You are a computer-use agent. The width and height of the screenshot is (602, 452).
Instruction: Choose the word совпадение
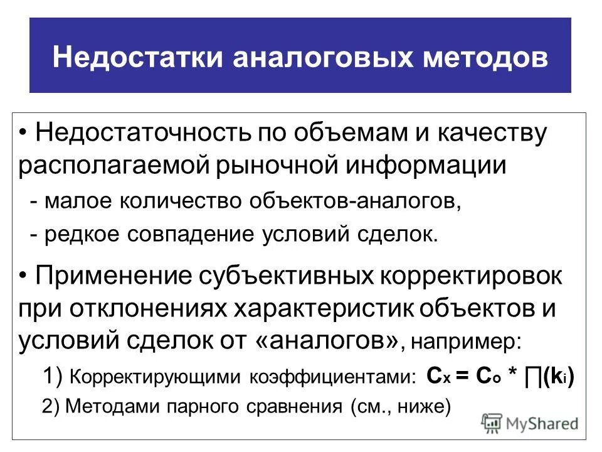pyautogui.click(x=207, y=234)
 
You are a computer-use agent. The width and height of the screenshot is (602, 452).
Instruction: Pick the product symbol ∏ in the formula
pyautogui.click(x=534, y=376)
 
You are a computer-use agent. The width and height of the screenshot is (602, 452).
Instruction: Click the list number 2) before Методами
pyautogui.click(x=51, y=407)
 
